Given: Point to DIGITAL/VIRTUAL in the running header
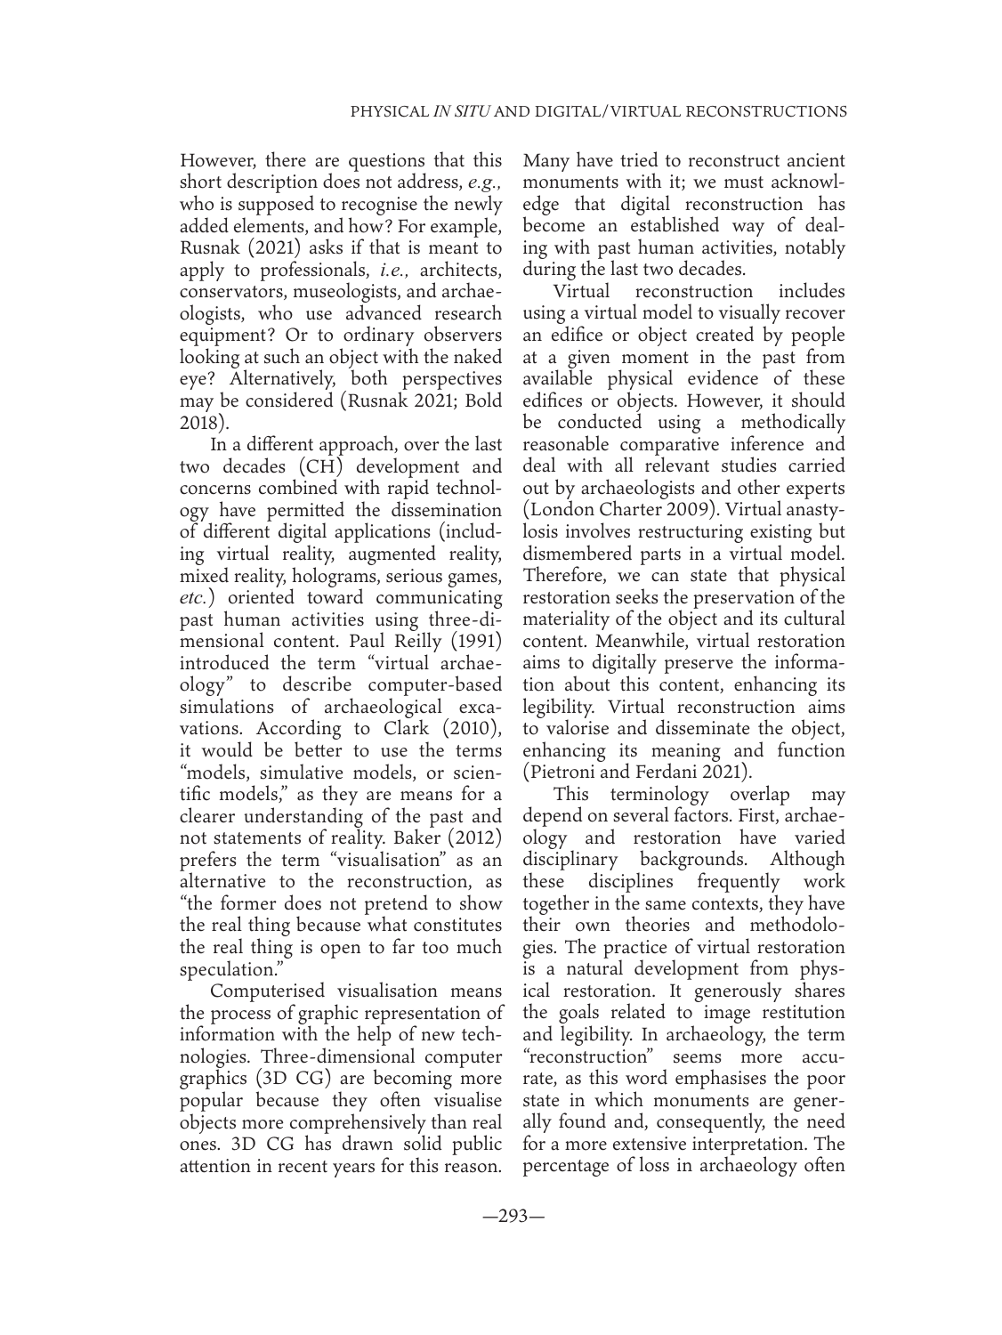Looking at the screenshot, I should point(594,112).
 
